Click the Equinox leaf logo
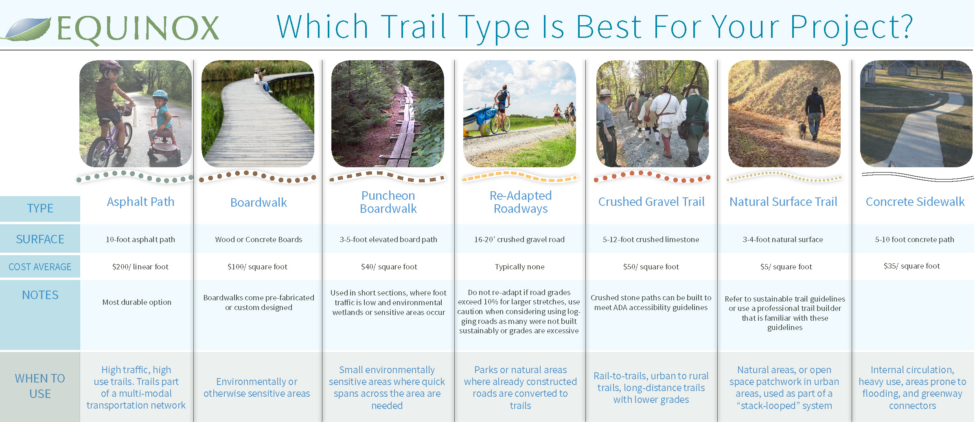coord(27,29)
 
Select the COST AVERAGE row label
coord(40,267)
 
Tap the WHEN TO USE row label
coord(40,386)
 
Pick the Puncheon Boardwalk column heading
coord(388,202)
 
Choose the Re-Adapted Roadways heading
coord(521,202)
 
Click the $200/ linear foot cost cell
coord(140,267)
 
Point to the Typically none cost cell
coord(519,267)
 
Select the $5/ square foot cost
coord(786,267)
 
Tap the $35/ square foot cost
coord(912,266)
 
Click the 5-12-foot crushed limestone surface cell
coord(651,240)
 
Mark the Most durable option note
coord(137,302)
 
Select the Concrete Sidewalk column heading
coord(915,202)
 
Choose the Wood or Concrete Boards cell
coord(259,240)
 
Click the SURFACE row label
coord(40,239)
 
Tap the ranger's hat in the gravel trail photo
coord(605,93)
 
